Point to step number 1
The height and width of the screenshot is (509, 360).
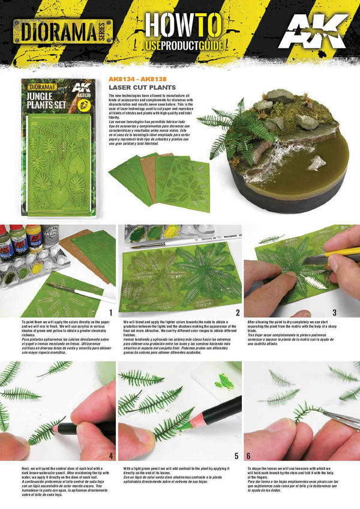point(110,312)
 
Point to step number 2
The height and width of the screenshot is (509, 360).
point(237,312)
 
